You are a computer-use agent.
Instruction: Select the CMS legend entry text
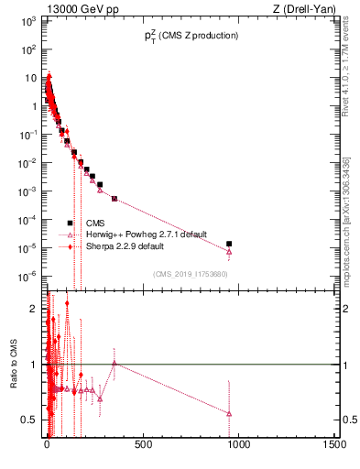pos(95,223)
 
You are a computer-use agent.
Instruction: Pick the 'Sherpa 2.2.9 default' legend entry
pos(122,246)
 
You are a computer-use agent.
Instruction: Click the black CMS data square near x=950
pos(229,244)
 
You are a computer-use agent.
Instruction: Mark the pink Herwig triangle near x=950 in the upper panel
pos(229,252)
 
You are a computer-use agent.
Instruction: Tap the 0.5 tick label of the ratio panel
pos(29,420)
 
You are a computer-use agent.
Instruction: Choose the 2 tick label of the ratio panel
pos(33,309)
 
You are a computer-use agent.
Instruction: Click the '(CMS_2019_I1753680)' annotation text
pos(190,274)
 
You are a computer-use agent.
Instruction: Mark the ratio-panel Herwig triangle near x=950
pos(229,414)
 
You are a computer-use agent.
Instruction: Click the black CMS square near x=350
pos(115,199)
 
